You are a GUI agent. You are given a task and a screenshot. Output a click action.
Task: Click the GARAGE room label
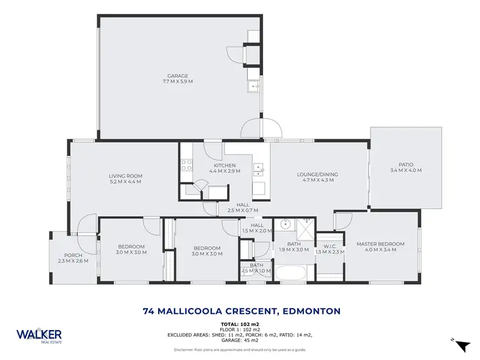click(x=178, y=76)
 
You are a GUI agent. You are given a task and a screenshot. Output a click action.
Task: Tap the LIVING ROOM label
click(x=125, y=176)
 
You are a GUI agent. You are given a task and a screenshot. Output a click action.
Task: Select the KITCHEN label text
click(x=225, y=166)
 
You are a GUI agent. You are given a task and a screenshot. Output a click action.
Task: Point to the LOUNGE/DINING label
click(x=317, y=175)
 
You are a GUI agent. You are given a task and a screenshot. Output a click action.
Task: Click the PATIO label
click(x=406, y=164)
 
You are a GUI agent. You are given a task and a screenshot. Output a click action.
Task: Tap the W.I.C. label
click(x=330, y=246)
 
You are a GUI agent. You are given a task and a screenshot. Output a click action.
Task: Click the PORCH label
click(x=73, y=255)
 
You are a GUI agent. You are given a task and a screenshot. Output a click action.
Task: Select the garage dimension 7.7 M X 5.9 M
click(x=178, y=82)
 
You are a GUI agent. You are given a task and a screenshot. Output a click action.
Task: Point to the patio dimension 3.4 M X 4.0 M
click(x=406, y=170)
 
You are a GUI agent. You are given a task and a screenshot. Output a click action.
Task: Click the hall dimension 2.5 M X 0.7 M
click(x=243, y=210)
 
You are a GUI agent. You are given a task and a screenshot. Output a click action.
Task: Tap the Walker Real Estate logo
click(x=39, y=336)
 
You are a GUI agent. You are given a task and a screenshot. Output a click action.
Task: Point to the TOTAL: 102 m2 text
click(x=240, y=324)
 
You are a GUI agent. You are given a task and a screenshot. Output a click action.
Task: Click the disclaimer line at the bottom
click(x=240, y=350)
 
